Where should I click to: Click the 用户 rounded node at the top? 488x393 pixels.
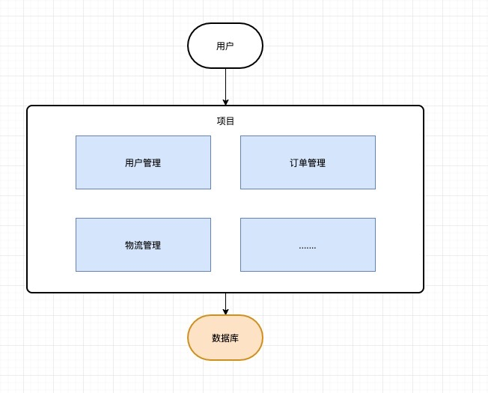pos(225,46)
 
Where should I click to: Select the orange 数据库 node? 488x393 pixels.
pos(225,338)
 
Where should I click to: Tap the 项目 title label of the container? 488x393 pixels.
pos(225,121)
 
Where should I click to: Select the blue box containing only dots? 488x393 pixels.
pos(308,245)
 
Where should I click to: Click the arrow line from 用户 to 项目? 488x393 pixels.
pos(225,84)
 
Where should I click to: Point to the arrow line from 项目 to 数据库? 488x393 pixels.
pos(225,301)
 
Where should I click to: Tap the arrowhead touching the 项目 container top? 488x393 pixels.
pos(225,102)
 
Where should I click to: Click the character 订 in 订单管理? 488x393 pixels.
pos(294,163)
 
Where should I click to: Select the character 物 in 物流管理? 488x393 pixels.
pos(129,246)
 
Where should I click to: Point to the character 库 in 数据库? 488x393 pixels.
pos(234,338)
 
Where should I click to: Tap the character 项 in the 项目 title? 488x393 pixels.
pos(221,121)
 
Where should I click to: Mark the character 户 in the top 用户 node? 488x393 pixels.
pos(230,46)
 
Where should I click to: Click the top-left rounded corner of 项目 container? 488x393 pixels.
pos(29,108)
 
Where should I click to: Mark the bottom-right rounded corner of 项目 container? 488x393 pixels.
pos(421,290)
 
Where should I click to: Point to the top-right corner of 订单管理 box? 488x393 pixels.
pos(375,136)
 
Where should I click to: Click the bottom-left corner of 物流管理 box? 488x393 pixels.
pos(76,271)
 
